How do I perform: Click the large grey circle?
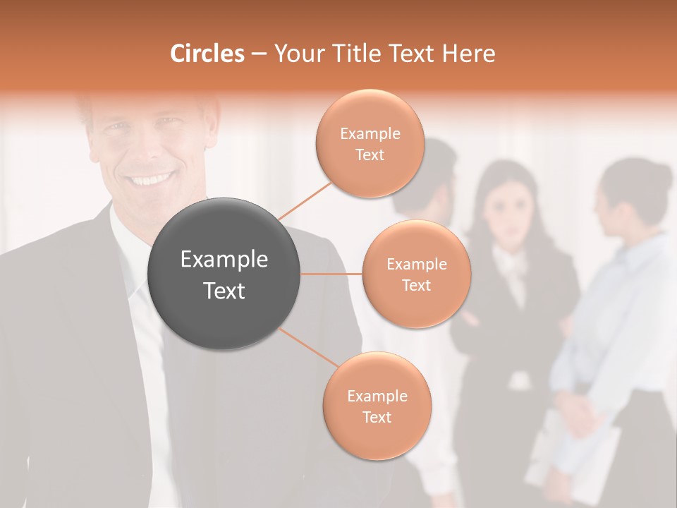(224, 274)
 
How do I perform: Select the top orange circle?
(370, 143)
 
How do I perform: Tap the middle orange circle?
(416, 274)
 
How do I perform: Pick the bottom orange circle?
(377, 406)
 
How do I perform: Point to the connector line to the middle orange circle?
(331, 274)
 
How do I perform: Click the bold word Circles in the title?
(207, 54)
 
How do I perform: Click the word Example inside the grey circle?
(224, 260)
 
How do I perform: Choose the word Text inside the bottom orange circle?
(377, 417)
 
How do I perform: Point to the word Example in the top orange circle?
(370, 133)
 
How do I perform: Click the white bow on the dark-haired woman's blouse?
(511, 262)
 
